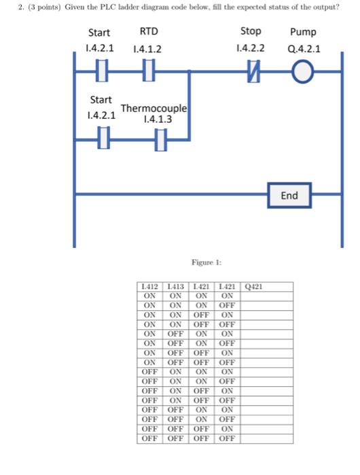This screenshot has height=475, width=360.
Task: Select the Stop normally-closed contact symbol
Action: (252, 71)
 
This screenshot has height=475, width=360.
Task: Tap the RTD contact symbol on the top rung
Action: (148, 71)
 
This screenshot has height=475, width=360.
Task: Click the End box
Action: (289, 195)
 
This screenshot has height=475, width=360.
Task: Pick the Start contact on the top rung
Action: (101, 71)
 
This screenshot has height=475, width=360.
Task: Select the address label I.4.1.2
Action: (147, 49)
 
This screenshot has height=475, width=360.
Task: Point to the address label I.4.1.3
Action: (158, 119)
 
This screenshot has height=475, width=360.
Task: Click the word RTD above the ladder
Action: (148, 32)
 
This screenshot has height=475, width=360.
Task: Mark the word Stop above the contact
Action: (251, 32)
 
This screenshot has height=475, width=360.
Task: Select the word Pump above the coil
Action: (303, 32)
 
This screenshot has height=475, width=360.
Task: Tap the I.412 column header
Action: (149, 287)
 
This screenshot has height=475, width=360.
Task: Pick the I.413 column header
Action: (175, 287)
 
